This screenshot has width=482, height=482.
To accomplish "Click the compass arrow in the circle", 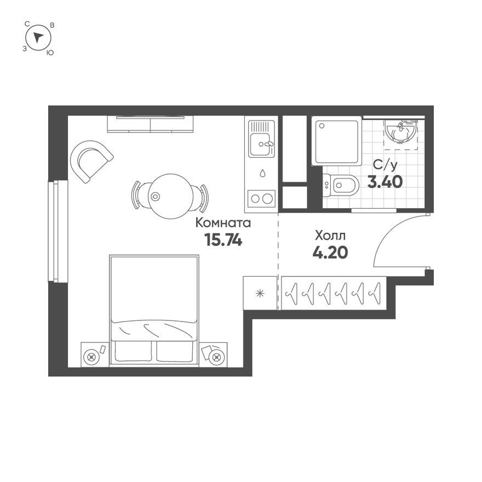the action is [x=38, y=37].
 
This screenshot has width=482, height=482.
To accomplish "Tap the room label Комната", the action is [x=223, y=223].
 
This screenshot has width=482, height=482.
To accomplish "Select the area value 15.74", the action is [x=223, y=240].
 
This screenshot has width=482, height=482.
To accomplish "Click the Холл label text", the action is [x=330, y=236].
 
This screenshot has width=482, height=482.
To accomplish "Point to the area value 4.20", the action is [x=330, y=253].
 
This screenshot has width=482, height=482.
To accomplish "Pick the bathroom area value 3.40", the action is [x=385, y=182].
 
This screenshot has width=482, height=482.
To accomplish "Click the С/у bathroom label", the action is [x=385, y=165].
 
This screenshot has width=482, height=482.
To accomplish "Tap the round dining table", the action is [x=171, y=196].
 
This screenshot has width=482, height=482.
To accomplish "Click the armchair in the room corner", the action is [x=91, y=161].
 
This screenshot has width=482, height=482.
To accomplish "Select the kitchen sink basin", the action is [x=261, y=145].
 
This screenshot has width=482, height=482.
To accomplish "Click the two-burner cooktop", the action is [x=261, y=199].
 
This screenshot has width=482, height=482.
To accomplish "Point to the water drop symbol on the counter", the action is [x=262, y=174].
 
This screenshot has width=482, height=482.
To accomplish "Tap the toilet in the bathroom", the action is [x=341, y=185].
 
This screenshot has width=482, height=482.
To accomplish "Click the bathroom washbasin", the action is [x=400, y=133].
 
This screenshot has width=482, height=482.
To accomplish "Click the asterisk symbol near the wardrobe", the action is [x=260, y=293].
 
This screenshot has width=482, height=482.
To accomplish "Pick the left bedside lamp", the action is [x=91, y=357].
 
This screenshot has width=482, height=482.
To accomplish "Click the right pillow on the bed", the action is [x=175, y=351].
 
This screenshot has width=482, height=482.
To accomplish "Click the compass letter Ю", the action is [x=50, y=53].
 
